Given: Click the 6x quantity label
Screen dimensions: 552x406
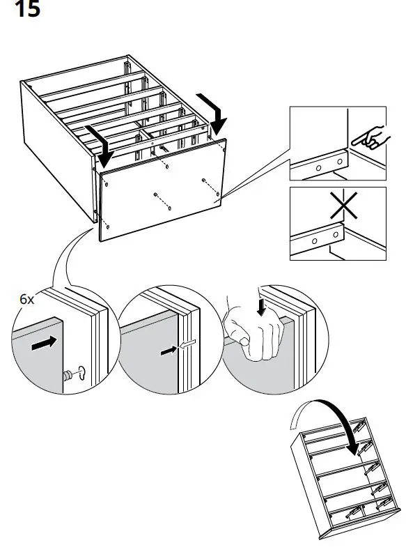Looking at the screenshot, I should point(26,298).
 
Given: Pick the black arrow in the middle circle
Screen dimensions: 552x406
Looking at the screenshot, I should point(168,351).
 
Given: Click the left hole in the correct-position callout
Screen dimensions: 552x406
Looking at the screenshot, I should point(318,167).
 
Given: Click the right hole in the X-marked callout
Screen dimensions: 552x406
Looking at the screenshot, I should point(336,236).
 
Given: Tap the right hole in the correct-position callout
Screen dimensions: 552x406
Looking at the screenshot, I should point(339,162).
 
